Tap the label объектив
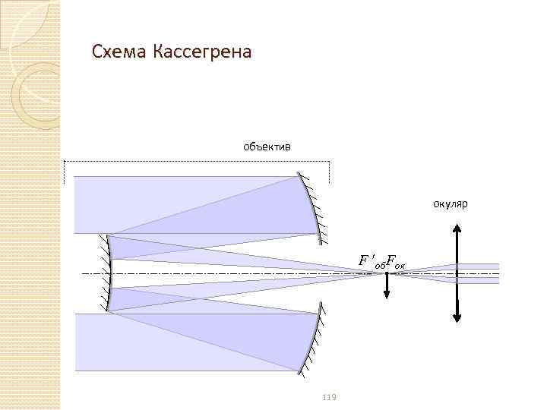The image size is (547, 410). tap(266, 145)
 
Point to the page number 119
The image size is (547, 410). tap(329, 397)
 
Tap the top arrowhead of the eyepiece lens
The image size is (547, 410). tap(457, 226)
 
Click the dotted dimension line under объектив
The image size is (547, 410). tap(198, 161)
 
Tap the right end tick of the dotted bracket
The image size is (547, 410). tap(329, 172)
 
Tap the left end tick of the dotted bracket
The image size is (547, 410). tap(65, 172)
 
